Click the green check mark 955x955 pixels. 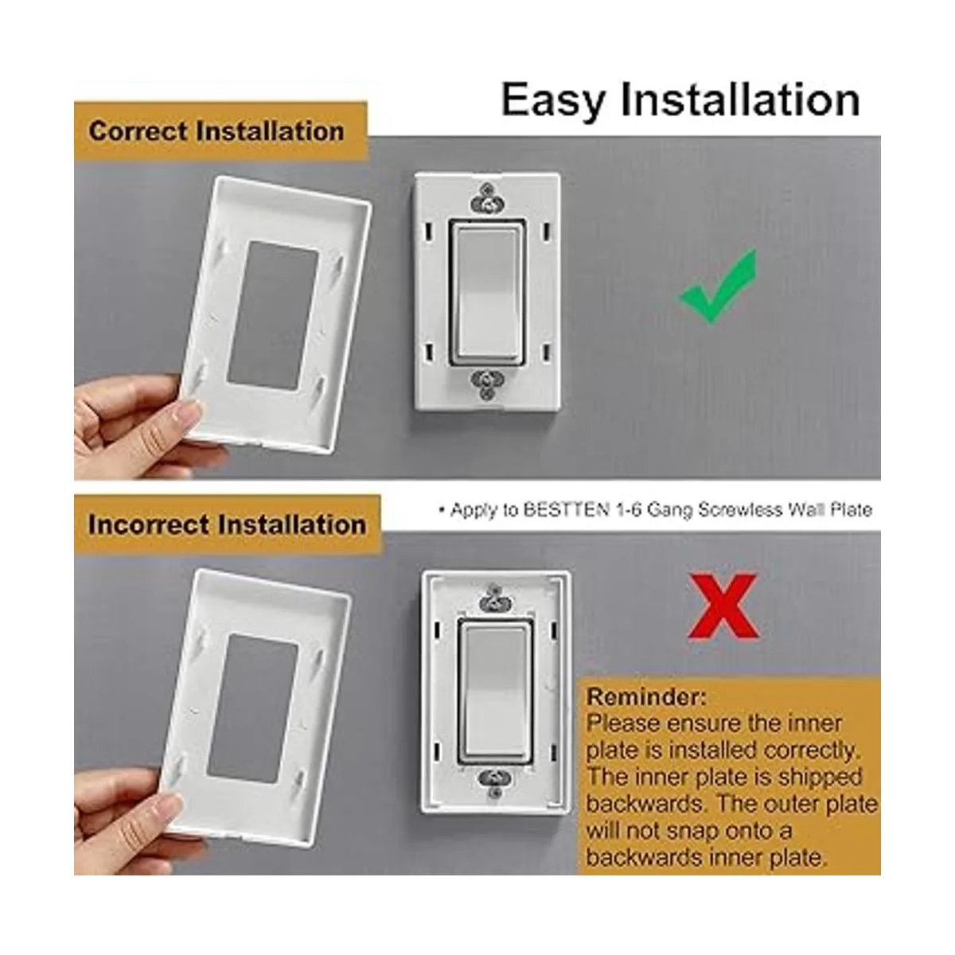717,290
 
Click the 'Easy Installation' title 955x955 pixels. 680,100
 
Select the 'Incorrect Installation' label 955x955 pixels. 227,525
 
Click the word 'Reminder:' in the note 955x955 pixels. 645,697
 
